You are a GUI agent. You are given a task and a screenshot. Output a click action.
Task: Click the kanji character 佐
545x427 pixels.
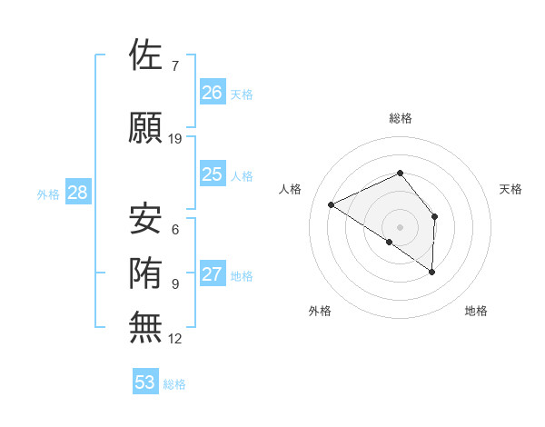pyautogui.click(x=146, y=55)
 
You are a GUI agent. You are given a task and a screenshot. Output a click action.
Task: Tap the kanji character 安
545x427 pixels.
pyautogui.click(x=146, y=218)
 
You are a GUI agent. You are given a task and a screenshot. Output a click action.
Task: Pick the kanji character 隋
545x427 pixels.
pyautogui.click(x=146, y=272)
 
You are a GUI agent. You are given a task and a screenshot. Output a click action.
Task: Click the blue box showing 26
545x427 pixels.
pyautogui.click(x=213, y=93)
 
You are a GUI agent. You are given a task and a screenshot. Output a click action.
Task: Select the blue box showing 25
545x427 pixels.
pyautogui.click(x=213, y=174)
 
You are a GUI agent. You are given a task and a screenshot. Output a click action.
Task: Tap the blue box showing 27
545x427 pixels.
pyautogui.click(x=213, y=275)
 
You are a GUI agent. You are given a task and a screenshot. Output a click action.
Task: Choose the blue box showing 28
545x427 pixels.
pyautogui.click(x=77, y=193)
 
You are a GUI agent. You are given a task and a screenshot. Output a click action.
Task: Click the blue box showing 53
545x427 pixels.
pyautogui.click(x=145, y=382)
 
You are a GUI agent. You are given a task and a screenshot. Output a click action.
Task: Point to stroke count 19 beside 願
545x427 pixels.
pyautogui.click(x=175, y=139)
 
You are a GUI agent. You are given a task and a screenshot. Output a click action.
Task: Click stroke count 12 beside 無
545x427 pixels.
pyautogui.click(x=175, y=339)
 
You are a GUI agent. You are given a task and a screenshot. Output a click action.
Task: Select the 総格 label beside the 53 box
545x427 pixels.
pyautogui.click(x=174, y=384)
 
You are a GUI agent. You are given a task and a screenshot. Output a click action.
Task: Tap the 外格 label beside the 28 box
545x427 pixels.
pyautogui.click(x=48, y=194)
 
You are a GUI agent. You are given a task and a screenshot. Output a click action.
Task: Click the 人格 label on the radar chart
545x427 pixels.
pyautogui.click(x=291, y=189)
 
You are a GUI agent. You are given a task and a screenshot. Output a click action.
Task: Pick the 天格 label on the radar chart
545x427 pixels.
pyautogui.click(x=510, y=189)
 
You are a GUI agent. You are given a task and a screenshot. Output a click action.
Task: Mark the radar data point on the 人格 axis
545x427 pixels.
pyautogui.click(x=332, y=205)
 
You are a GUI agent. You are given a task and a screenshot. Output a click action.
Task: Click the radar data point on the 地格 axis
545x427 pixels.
pyautogui.click(x=432, y=272)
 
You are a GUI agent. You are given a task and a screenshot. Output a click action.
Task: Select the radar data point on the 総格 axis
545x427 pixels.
pyautogui.click(x=400, y=174)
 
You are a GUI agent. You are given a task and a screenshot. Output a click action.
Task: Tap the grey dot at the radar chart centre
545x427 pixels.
pyautogui.click(x=400, y=225)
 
